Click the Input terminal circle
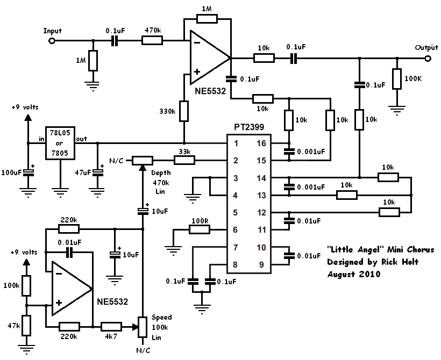coord(52,41)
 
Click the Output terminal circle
coord(428,59)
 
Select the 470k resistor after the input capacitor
coord(152,40)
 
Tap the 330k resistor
coord(184,111)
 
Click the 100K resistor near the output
coord(397,78)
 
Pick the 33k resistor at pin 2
coord(184,161)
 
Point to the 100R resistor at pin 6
coord(200,229)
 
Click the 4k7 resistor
coord(111,327)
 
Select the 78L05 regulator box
coord(60,143)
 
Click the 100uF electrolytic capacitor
coord(28,172)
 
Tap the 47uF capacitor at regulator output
coord(97,172)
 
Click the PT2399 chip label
coord(249,127)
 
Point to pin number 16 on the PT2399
coord(261,143)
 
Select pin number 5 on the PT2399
coord(236,212)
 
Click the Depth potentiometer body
coord(143,161)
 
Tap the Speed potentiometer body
coord(143,327)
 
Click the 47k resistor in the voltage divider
coord(26,325)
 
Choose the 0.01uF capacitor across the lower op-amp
coord(69,253)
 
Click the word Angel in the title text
coord(369,249)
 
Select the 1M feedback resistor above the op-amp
coord(207,19)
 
